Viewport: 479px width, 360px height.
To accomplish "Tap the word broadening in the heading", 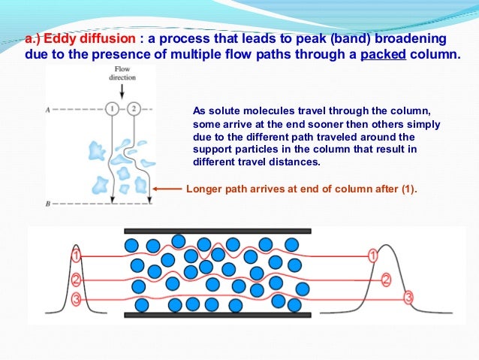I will click(x=410, y=38).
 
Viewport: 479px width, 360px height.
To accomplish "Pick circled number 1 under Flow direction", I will click(x=112, y=108).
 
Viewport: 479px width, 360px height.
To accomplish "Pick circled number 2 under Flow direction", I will click(x=134, y=108).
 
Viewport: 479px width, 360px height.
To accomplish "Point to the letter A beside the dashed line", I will click(x=48, y=109).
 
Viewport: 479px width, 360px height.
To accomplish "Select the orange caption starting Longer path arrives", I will click(x=300, y=189).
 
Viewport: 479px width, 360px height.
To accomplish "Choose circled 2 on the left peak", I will click(x=76, y=281).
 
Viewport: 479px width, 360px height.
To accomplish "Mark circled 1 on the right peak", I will click(x=372, y=256).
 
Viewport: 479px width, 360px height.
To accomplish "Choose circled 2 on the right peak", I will click(x=387, y=280).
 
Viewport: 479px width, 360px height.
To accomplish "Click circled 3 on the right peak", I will click(x=408, y=298).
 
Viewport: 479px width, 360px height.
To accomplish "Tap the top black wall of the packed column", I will click(x=217, y=231).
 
